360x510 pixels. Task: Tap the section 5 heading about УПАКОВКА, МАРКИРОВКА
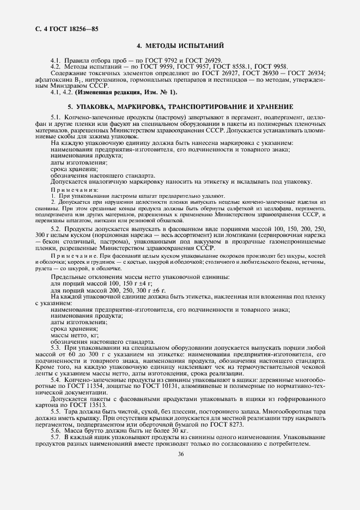pos(180,106)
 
